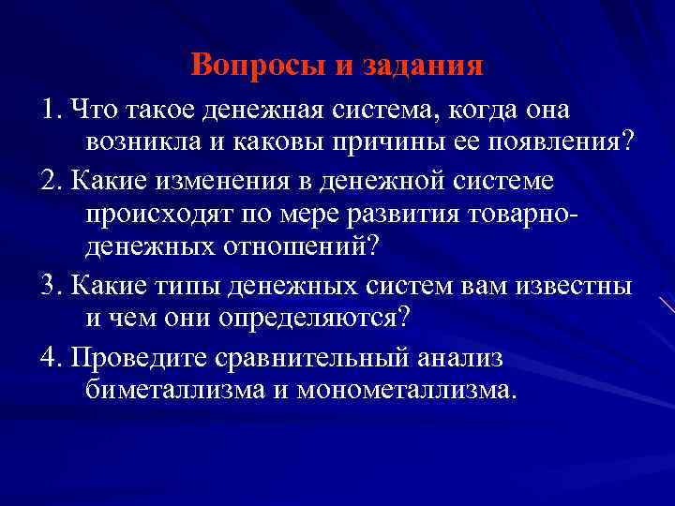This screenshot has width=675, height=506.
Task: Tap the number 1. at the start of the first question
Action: click(52, 110)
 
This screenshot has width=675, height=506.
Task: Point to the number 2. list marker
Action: click(52, 179)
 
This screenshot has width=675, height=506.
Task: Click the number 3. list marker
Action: click(52, 283)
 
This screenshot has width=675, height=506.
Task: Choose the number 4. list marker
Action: click(52, 353)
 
